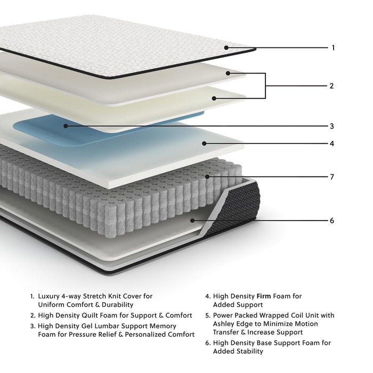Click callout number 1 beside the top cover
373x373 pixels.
[x=333, y=48]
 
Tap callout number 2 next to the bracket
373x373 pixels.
[x=331, y=86]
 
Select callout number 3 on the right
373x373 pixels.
[x=331, y=127]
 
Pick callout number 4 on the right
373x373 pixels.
[x=331, y=144]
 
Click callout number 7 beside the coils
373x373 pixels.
[x=331, y=177]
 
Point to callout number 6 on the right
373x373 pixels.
[x=331, y=220]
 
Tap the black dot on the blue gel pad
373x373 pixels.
[x=66, y=126]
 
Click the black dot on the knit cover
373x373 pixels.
[x=226, y=47]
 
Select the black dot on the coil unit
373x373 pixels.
[x=207, y=176]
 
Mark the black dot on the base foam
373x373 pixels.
[x=192, y=220]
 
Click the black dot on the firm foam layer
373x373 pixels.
[x=204, y=143]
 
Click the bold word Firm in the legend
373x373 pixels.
[x=265, y=296]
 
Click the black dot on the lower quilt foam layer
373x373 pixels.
[x=214, y=98]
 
